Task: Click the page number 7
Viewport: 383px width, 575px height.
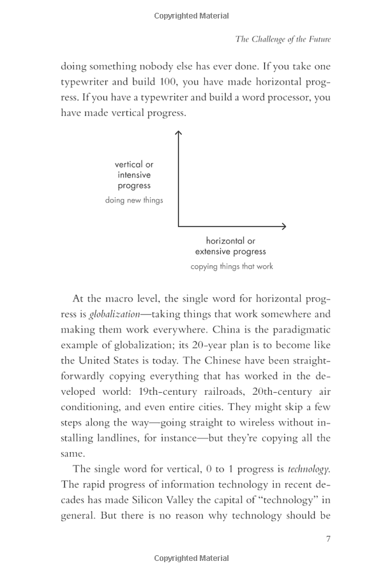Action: (x=328, y=539)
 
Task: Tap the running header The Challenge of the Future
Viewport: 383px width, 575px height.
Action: (x=283, y=39)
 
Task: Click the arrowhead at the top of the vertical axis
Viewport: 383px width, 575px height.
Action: (x=178, y=134)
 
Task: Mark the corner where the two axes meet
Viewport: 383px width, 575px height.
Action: (x=178, y=226)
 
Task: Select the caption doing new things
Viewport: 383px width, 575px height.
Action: (x=134, y=200)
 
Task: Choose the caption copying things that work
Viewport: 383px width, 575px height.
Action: (x=232, y=266)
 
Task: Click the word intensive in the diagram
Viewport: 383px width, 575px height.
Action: (x=134, y=175)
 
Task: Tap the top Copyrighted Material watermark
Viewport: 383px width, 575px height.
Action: (x=191, y=16)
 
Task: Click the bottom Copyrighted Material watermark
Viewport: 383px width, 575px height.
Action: (x=191, y=559)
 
